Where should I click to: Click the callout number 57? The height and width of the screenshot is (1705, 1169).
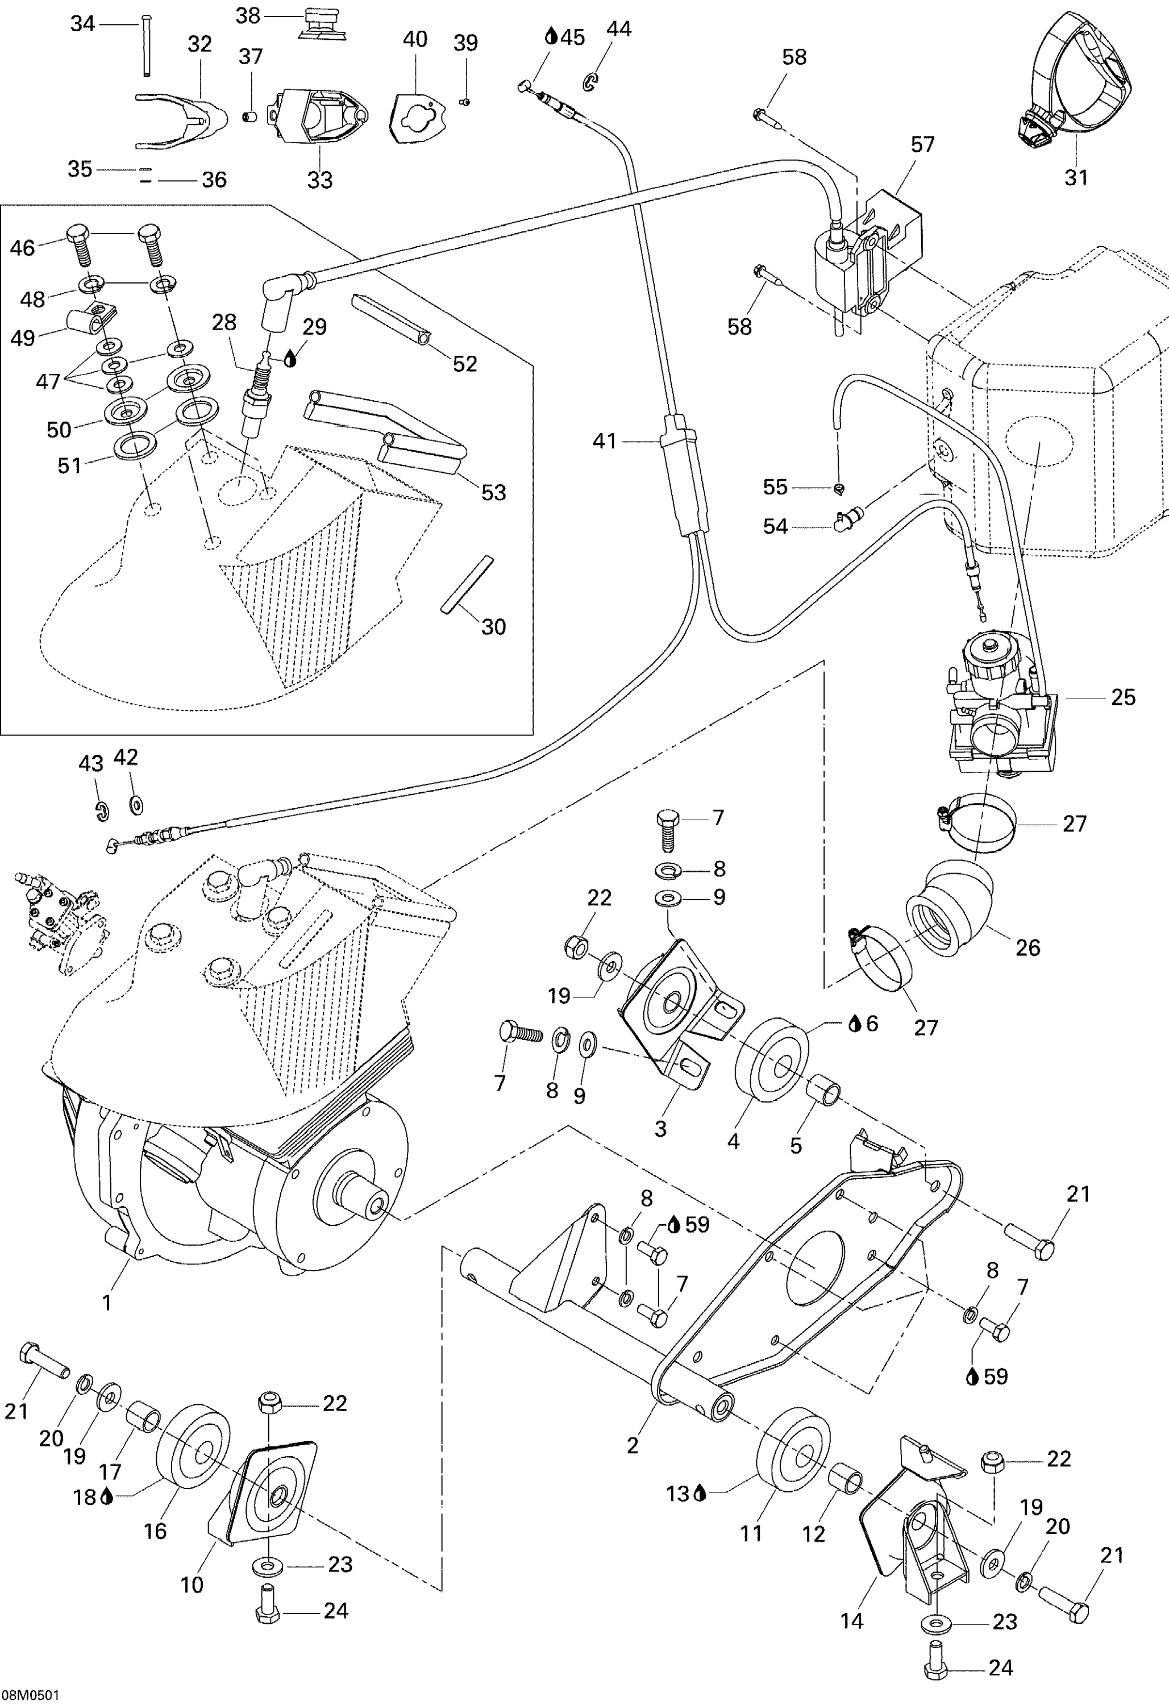(x=922, y=144)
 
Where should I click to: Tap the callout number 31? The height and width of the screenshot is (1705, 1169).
(x=1076, y=177)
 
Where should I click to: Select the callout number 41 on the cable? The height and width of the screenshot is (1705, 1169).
(x=605, y=441)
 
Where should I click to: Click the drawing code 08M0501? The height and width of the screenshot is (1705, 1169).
(x=30, y=1695)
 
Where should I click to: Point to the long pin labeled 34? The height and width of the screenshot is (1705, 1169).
(x=147, y=45)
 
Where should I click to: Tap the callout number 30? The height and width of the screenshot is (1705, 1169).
(x=493, y=626)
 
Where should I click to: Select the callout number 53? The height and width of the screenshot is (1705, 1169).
(x=493, y=492)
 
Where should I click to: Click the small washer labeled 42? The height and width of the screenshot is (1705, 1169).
(x=136, y=805)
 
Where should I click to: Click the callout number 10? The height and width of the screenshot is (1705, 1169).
(x=192, y=1585)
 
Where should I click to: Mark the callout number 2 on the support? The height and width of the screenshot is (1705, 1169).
(x=633, y=1445)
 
